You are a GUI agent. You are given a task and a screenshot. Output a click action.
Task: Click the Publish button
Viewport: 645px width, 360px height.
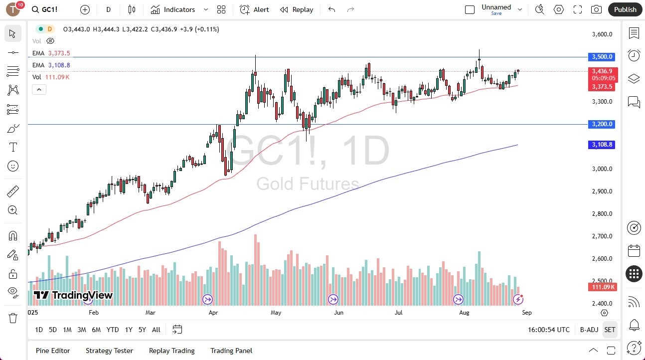point(625,9)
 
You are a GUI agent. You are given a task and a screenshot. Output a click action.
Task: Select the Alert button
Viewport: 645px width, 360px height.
point(254,9)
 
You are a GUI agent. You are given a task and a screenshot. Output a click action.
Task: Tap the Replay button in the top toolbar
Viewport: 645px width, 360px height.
point(297,9)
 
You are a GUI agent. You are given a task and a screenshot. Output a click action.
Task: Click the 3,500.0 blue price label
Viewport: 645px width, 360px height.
point(602,57)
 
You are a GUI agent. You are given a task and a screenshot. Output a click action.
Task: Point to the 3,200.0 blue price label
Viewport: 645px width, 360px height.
point(602,124)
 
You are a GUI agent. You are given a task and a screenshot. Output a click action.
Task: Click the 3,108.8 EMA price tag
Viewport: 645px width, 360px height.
point(602,145)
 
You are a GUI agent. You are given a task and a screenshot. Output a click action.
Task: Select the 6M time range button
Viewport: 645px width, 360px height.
point(96,330)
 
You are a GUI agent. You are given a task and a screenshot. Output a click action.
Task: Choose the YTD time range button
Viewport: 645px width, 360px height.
point(113,330)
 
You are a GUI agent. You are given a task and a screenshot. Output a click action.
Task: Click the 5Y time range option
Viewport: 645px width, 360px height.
point(142,330)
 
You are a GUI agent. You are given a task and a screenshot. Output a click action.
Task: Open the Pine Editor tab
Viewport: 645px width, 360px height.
point(53,351)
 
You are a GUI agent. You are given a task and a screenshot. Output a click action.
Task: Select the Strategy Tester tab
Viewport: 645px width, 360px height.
point(109,351)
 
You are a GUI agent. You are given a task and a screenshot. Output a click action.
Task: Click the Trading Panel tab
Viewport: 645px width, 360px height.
point(231,351)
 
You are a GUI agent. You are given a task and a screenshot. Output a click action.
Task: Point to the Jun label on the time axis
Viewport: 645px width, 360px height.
point(339,313)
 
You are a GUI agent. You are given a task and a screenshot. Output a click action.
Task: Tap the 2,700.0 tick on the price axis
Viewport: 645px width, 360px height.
point(602,236)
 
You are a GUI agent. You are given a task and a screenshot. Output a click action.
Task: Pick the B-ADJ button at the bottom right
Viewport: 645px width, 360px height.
point(589,330)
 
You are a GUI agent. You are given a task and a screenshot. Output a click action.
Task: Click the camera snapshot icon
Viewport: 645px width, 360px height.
point(596,9)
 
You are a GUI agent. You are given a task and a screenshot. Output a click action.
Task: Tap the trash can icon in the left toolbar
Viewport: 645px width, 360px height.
point(13,318)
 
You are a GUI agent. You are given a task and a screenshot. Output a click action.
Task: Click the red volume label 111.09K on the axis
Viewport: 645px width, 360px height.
point(602,287)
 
